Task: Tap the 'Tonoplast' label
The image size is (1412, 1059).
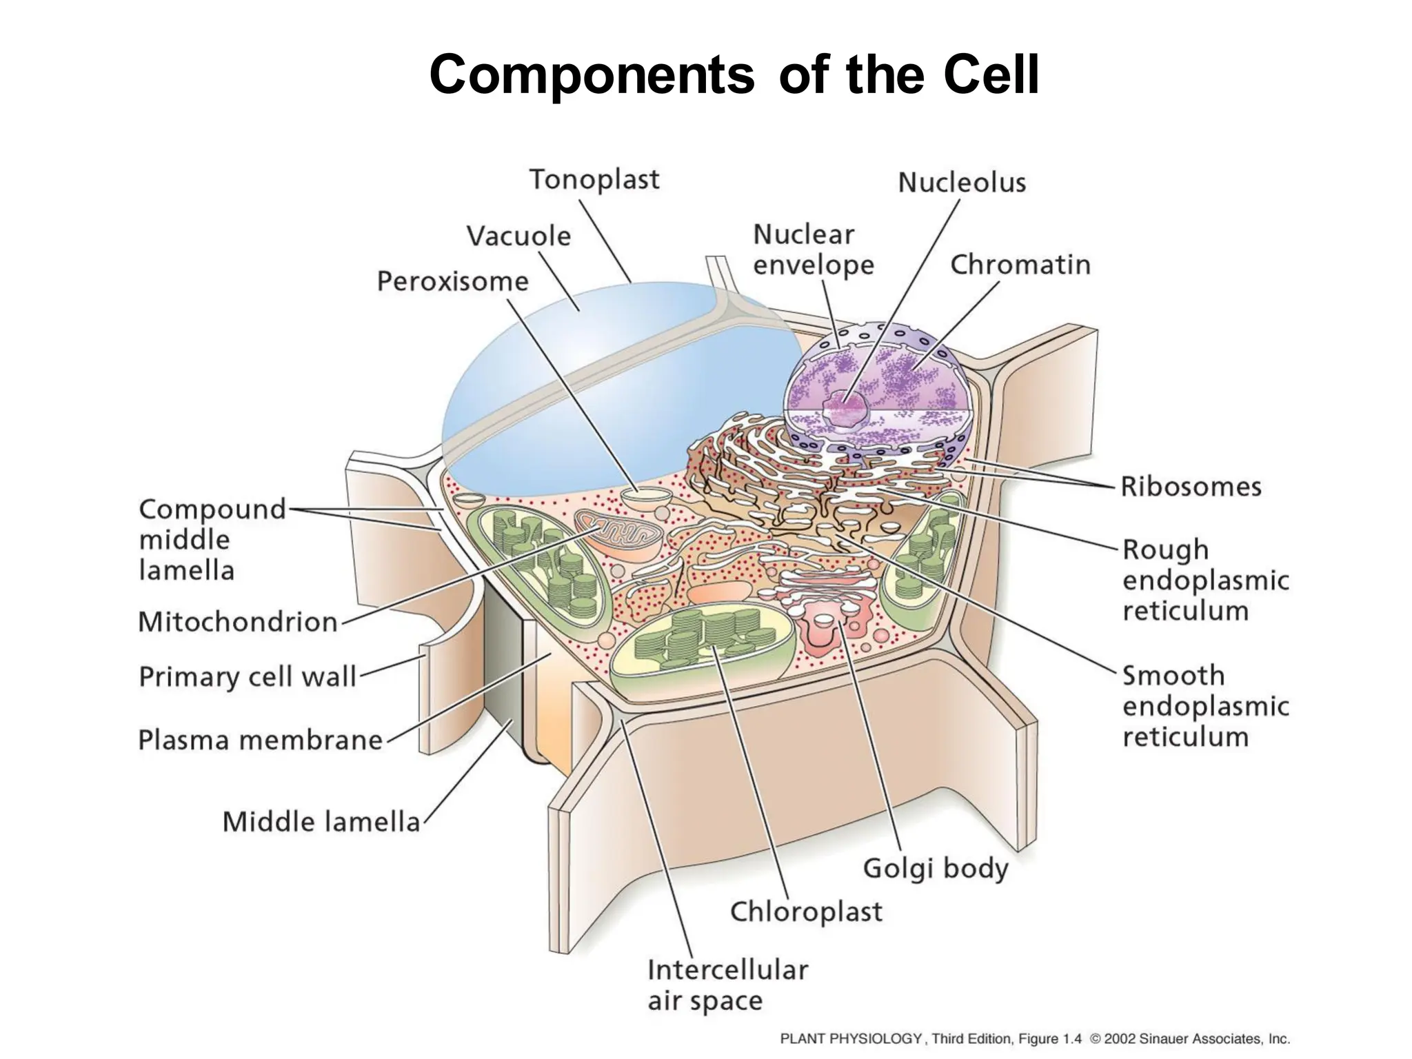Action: (594, 180)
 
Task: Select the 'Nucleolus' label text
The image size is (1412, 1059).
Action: (962, 183)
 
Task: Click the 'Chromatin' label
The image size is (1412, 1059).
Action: (1020, 265)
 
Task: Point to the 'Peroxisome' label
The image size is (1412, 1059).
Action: (453, 281)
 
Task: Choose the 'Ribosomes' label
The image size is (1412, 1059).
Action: (1191, 487)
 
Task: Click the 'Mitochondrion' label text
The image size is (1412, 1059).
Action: (238, 622)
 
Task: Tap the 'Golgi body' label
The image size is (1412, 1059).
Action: (936, 869)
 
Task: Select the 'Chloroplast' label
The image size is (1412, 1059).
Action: (806, 911)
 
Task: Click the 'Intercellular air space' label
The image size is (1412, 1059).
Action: (727, 985)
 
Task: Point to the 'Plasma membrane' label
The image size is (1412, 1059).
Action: (261, 740)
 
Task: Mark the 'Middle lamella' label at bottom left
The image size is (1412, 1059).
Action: (321, 822)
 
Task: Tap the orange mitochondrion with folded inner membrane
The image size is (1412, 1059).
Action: (618, 534)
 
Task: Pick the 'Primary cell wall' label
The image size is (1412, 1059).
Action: (248, 677)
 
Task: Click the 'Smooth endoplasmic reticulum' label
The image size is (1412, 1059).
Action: (1205, 706)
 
